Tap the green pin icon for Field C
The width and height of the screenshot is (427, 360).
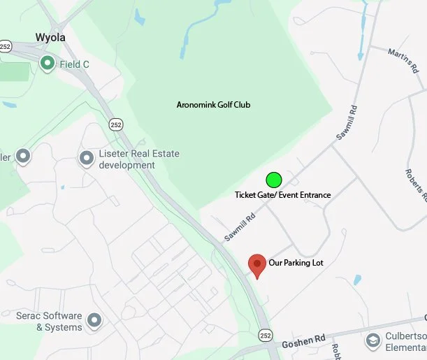pyautogui.click(x=48, y=64)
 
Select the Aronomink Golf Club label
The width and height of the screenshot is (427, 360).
pyautogui.click(x=213, y=105)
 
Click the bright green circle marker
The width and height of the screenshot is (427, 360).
pyautogui.click(x=274, y=179)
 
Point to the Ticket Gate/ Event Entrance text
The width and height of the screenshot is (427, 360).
pyautogui.click(x=282, y=195)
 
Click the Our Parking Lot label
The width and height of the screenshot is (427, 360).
pyautogui.click(x=296, y=263)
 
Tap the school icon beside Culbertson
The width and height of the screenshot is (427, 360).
pyautogui.click(x=372, y=340)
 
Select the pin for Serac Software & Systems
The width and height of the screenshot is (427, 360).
pyautogui.click(x=94, y=322)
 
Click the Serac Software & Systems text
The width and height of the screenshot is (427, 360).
pyautogui.click(x=49, y=322)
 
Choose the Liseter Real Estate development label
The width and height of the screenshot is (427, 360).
pyautogui.click(x=127, y=160)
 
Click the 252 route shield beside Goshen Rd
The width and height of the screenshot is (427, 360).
pyautogui.click(x=265, y=336)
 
